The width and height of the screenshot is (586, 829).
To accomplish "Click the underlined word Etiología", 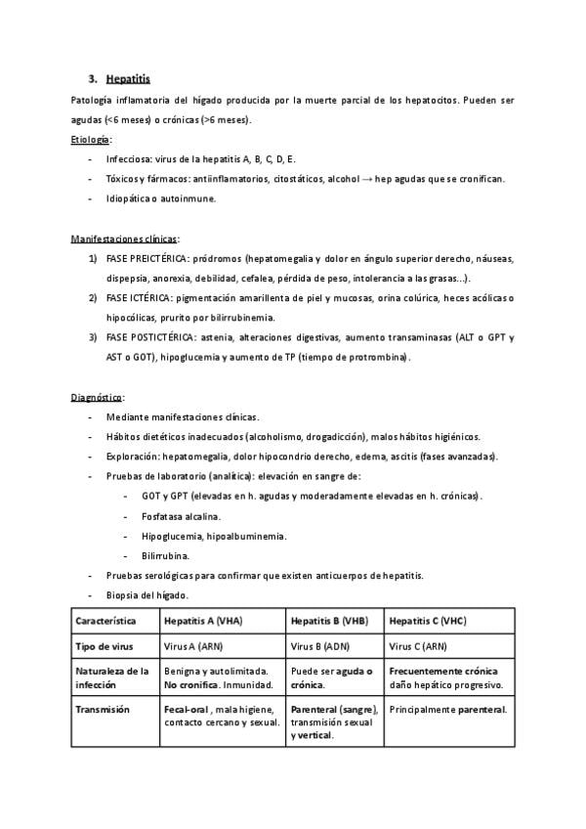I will point(91,140).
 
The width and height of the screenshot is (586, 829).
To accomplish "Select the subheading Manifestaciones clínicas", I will point(124,239).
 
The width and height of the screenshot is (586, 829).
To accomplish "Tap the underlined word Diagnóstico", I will point(97,397).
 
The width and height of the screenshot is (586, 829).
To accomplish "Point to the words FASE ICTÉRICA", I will point(138,297).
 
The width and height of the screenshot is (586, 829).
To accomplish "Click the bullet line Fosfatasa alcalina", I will point(181,515).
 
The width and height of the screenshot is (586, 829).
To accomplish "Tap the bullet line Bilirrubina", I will point(167,555).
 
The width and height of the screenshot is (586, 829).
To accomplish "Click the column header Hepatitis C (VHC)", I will point(427,621).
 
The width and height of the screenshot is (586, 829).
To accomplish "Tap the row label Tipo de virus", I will point(105,646).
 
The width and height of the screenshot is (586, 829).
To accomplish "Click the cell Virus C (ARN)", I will point(418,646).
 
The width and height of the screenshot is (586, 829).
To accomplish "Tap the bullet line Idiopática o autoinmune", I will point(160,198).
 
